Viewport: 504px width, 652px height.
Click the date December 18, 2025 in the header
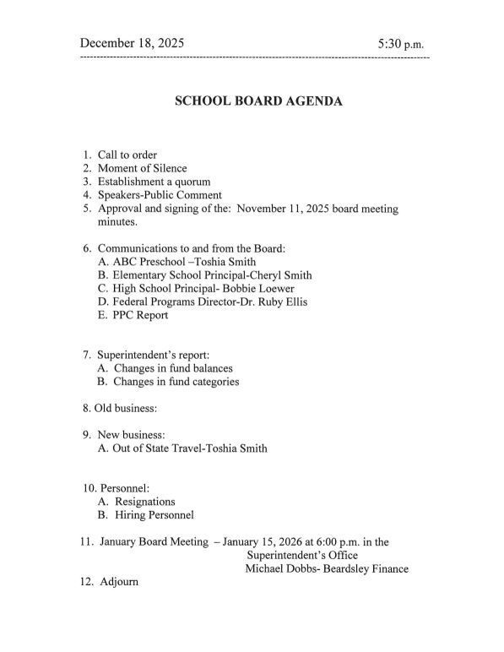(132, 42)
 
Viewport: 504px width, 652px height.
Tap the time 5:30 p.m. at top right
(401, 43)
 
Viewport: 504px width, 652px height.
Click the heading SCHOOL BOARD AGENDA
(258, 101)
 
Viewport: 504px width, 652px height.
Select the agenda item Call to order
(127, 155)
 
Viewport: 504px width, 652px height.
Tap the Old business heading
(123, 409)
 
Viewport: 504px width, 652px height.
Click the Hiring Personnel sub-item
(153, 515)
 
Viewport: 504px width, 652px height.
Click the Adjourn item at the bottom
(119, 583)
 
